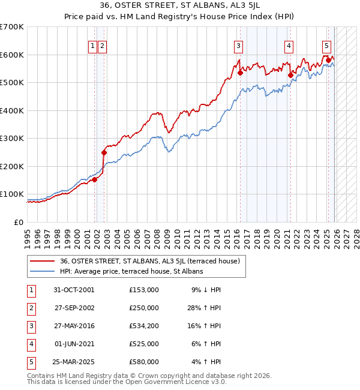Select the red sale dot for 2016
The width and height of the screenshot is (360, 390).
(240, 73)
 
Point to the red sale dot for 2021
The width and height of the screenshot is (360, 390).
(290, 75)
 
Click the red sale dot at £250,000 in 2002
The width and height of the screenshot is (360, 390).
(104, 152)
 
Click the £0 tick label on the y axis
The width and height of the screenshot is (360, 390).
(18, 222)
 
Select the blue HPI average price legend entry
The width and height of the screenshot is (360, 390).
(131, 271)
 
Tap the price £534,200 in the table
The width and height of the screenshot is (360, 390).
(143, 326)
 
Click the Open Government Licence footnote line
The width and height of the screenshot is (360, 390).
(127, 381)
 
